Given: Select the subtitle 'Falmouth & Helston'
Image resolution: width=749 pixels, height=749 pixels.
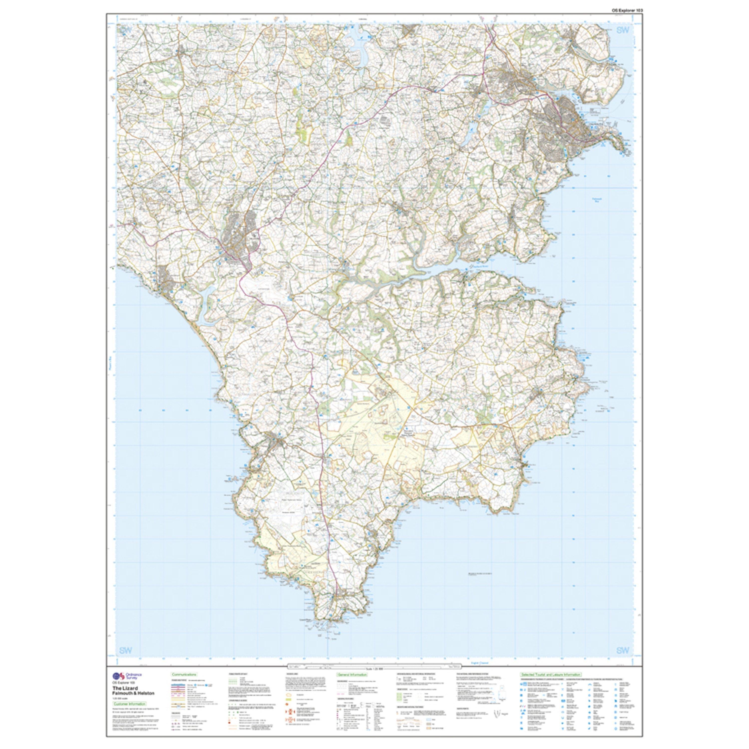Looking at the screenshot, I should tap(133, 693).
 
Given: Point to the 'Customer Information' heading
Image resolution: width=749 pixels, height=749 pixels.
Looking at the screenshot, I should tap(130, 704).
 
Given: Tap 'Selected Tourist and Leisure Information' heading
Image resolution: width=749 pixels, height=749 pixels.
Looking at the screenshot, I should tap(551, 675).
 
